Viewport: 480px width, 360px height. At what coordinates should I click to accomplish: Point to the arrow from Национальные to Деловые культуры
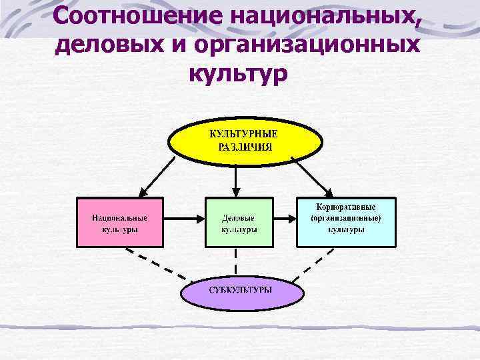[x=183, y=218]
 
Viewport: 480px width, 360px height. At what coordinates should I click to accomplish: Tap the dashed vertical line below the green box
[x=235, y=260]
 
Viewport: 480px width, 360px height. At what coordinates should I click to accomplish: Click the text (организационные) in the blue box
[x=345, y=218]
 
